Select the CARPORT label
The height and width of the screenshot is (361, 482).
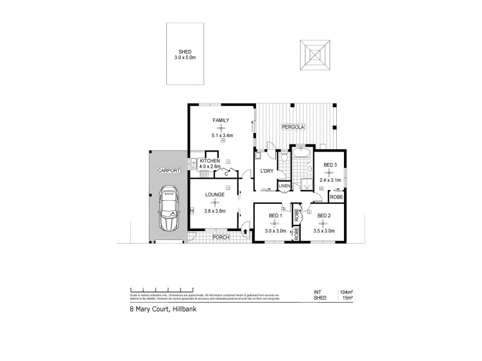[x=169, y=171]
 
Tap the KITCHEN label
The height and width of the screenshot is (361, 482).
[x=210, y=162]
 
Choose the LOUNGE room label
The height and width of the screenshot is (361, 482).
[x=214, y=195]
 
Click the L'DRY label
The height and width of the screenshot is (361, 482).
[x=266, y=171]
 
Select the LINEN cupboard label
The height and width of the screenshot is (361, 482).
[x=285, y=186]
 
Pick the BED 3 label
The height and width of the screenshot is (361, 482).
[x=330, y=165]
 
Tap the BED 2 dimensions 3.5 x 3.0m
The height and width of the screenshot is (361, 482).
[x=324, y=230]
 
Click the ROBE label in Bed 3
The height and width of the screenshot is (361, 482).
[x=336, y=197]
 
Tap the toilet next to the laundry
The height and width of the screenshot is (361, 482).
[x=283, y=159]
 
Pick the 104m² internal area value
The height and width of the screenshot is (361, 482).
[x=346, y=292]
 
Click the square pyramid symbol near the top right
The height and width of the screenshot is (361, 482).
[x=315, y=55]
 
